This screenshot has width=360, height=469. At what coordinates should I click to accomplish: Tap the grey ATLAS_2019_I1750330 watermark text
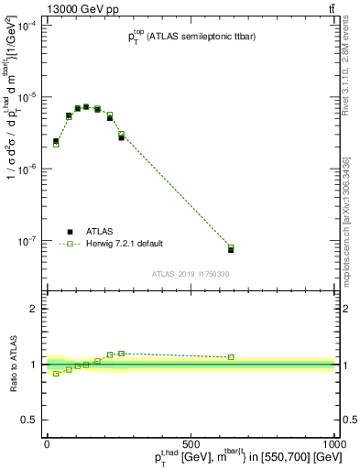point(191,274)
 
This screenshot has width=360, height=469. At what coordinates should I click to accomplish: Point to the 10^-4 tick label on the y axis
point(28,27)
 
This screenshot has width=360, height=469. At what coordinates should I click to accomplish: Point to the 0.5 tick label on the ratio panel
point(32,419)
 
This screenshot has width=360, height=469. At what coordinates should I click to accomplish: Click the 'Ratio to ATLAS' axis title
point(13,364)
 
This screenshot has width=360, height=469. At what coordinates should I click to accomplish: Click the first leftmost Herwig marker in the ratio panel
point(56,374)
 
